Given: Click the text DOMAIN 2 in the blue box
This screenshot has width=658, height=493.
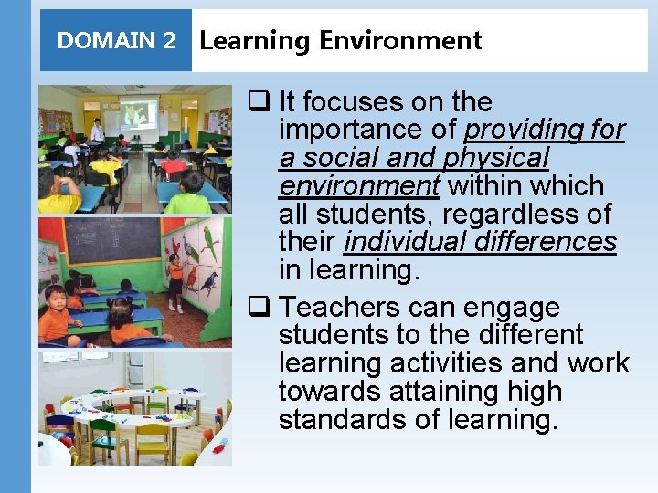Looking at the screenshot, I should [116, 41].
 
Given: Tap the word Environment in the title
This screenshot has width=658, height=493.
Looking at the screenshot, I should [400, 41].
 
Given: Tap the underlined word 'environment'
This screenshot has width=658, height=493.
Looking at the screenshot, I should [359, 186].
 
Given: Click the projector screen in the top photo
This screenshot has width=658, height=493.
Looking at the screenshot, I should [138, 114].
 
